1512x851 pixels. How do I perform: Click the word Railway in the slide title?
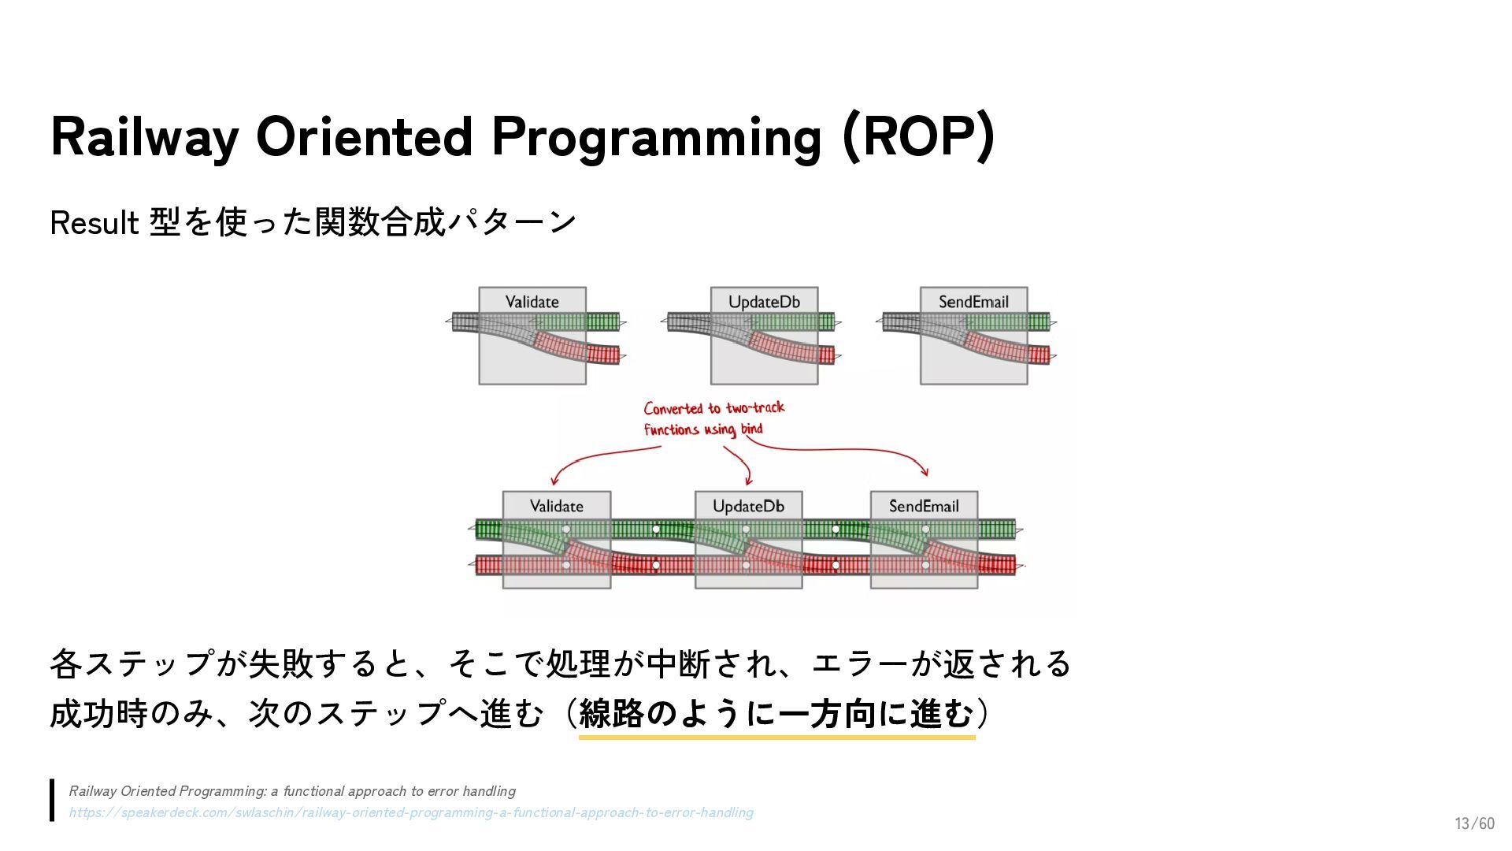click(144, 137)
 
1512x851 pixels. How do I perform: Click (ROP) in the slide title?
click(918, 137)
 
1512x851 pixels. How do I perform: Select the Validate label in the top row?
click(532, 302)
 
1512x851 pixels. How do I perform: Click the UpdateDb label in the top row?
click(764, 302)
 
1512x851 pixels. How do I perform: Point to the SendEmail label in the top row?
click(973, 302)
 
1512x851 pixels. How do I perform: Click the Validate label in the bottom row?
click(557, 506)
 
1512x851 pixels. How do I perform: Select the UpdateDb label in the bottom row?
click(748, 506)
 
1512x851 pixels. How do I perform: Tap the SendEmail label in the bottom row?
click(924, 506)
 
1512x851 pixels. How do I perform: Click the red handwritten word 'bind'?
click(751, 429)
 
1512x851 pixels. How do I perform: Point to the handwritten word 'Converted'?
click(673, 408)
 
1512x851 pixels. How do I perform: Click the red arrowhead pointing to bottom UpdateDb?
click(748, 480)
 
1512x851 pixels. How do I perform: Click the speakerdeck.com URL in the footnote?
click(410, 812)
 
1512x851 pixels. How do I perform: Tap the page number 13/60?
click(1474, 823)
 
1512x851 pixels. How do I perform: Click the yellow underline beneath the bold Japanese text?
click(776, 738)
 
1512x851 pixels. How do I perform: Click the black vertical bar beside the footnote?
click(52, 801)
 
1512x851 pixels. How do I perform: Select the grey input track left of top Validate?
click(465, 321)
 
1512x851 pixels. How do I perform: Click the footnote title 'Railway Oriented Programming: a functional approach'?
click(292, 791)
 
